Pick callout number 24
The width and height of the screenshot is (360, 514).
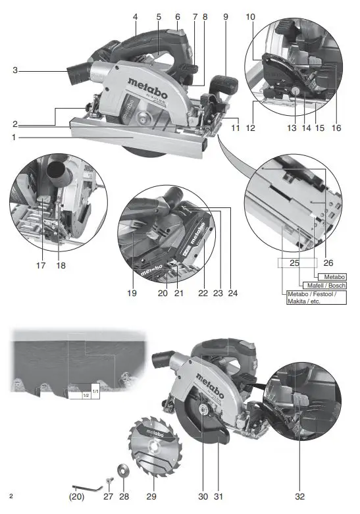pyautogui.click(x=232, y=293)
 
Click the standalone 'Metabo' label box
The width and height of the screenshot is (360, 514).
pyautogui.click(x=332, y=276)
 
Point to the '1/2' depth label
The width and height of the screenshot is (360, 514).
pyautogui.click(x=85, y=396)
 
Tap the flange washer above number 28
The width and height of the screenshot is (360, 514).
pyautogui.click(x=122, y=471)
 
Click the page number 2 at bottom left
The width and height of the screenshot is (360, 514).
pyautogui.click(x=11, y=494)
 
